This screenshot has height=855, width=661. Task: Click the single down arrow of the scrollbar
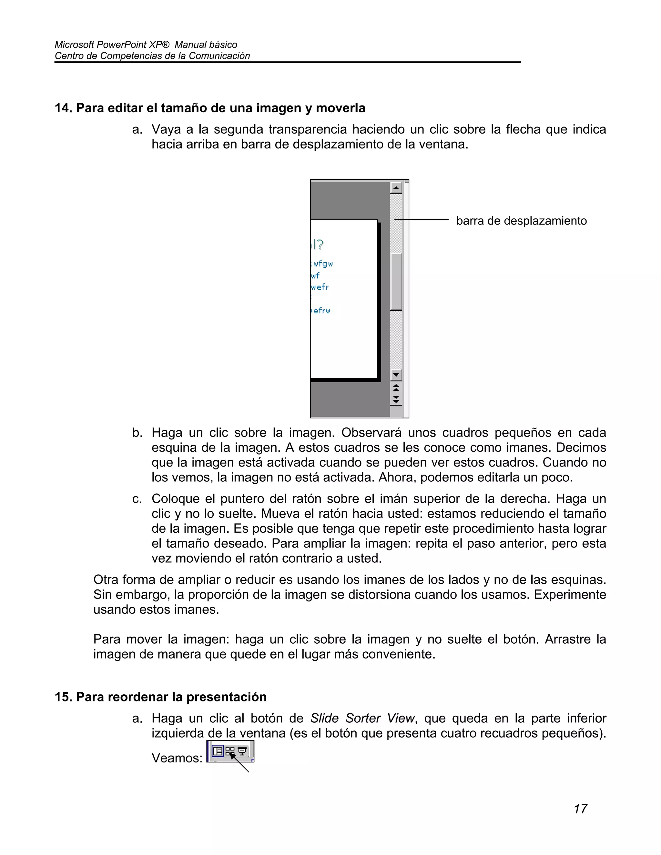(396, 375)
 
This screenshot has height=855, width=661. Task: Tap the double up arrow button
(396, 387)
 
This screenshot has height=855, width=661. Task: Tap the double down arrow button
(396, 399)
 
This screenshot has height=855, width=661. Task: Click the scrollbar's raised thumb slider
(396, 282)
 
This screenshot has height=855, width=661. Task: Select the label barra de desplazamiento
(521, 221)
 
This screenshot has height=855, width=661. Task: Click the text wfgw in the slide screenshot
(323, 264)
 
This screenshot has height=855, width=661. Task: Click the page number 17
(580, 809)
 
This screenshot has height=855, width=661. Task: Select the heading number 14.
(63, 108)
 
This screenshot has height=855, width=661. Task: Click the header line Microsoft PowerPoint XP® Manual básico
(146, 45)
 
